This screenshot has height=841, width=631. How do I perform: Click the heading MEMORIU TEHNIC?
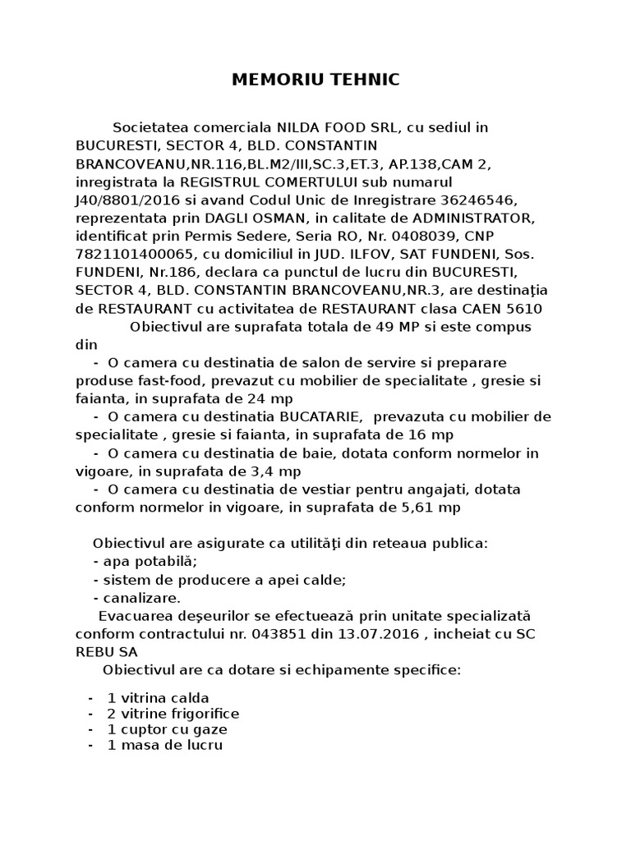(315, 80)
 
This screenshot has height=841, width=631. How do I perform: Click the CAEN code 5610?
(525, 308)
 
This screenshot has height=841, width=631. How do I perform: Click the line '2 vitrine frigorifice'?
(173, 713)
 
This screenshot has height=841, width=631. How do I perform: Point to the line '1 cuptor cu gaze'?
(167, 729)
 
